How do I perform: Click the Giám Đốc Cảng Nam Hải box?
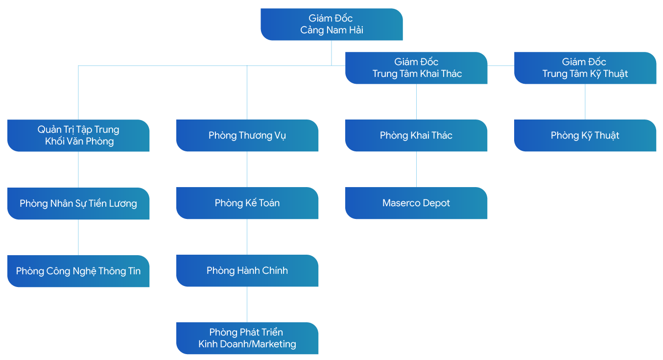click(331, 24)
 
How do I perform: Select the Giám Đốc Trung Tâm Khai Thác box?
click(416, 68)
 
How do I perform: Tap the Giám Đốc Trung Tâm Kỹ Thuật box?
click(585, 68)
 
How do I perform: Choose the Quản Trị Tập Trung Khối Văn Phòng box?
click(78, 136)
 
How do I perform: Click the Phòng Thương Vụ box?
click(247, 135)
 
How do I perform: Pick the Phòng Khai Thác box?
click(416, 135)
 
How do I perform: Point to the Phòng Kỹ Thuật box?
click(585, 135)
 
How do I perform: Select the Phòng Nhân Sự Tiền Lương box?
click(78, 203)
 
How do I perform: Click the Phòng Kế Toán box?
click(247, 203)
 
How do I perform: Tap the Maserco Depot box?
click(416, 203)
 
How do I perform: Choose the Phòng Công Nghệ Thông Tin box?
click(78, 271)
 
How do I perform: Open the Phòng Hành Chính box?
click(247, 270)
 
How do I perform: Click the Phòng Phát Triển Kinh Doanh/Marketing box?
click(247, 338)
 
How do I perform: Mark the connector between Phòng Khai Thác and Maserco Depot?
click(416, 169)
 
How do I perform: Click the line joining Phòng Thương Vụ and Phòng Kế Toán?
click(247, 169)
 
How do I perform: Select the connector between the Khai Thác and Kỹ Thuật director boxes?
click(501, 66)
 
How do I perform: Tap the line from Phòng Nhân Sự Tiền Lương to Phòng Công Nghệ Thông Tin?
click(78, 237)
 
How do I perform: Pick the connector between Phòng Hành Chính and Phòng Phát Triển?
click(247, 304)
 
